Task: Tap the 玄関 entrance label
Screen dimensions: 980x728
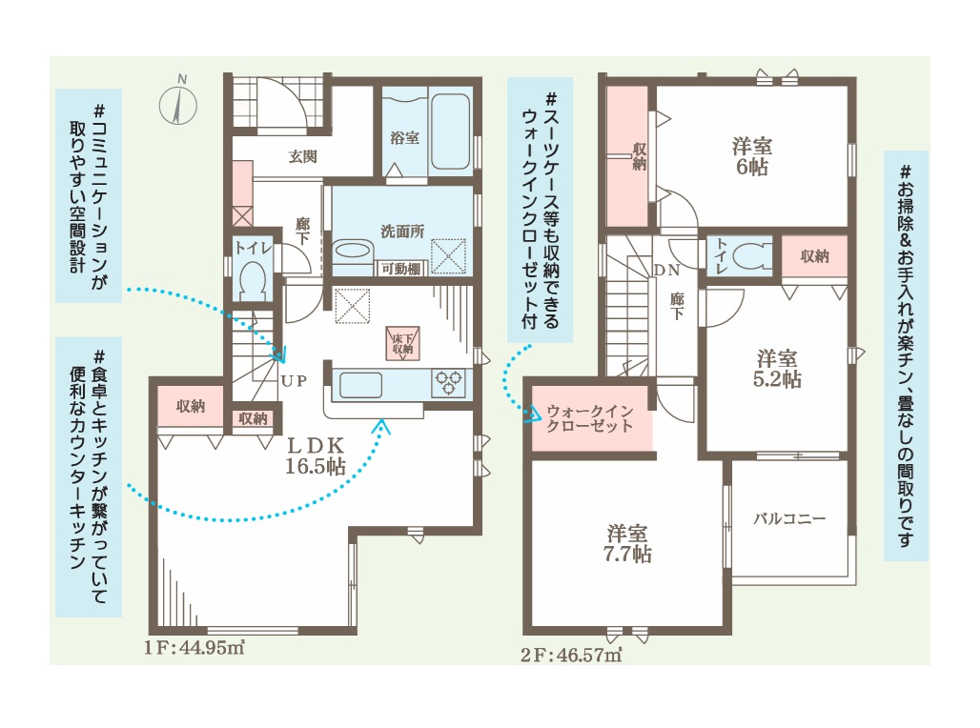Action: [x=303, y=156]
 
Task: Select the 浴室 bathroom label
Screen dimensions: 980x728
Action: [x=404, y=137]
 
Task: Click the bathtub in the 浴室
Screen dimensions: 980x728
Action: [x=450, y=131]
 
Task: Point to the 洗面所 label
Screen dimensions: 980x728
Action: [x=402, y=232]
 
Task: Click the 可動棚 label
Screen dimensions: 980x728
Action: [x=400, y=269]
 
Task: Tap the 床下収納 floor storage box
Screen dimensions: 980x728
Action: [x=403, y=343]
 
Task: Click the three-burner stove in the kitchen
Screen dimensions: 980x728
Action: [x=448, y=383]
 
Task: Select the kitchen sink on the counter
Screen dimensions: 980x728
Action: [x=360, y=384]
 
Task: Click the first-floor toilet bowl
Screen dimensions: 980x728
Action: [x=253, y=278]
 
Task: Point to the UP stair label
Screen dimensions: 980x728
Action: [x=294, y=380]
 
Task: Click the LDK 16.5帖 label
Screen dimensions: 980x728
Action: [x=316, y=455]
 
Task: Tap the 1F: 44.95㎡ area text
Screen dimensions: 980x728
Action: [x=194, y=647]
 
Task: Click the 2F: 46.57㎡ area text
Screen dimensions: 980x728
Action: [x=571, y=655]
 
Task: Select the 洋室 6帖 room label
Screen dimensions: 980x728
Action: [x=752, y=157]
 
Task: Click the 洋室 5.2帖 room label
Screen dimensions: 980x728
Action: [x=777, y=369]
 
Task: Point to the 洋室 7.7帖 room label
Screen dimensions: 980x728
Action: [x=627, y=544]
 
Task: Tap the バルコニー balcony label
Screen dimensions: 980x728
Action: [x=789, y=518]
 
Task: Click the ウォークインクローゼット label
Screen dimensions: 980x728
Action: [x=590, y=418]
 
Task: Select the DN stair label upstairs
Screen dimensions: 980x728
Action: [x=666, y=270]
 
